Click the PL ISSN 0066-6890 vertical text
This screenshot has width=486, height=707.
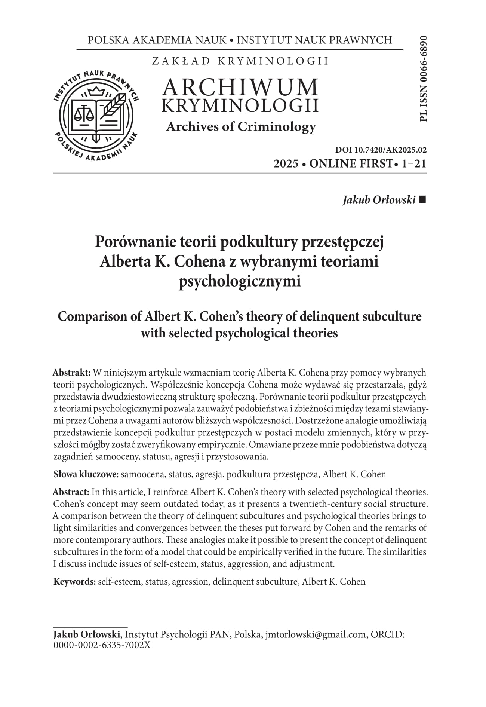[423, 79]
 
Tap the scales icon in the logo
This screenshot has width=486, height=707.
[84, 112]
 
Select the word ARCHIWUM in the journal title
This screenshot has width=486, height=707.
[240, 87]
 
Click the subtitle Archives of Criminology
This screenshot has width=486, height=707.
[241, 127]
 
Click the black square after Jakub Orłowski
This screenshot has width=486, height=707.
[423, 200]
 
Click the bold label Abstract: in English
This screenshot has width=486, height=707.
[71, 492]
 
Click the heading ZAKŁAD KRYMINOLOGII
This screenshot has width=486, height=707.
[240, 61]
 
